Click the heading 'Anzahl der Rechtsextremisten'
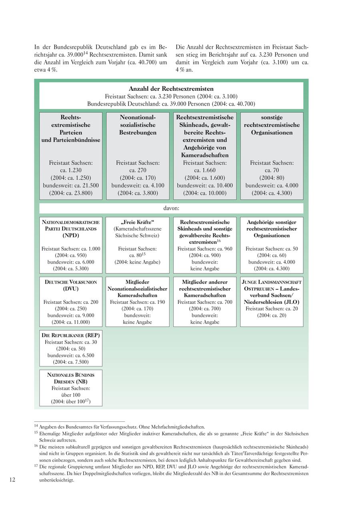coord(171,88)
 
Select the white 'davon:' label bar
coord(171,208)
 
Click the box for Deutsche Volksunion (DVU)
coord(71,301)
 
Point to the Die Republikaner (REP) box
coord(71,348)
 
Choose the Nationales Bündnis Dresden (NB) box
coord(71,388)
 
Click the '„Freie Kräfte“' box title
coord(137,222)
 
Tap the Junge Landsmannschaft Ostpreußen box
coord(272,301)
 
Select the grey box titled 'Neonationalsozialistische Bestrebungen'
coord(138,156)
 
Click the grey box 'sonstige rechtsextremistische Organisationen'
coord(272,156)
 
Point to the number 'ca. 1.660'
coord(205,170)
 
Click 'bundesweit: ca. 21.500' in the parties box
coord(71,186)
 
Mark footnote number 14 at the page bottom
coord(36,426)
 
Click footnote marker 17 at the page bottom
coord(36,466)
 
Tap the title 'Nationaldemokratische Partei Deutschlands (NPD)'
coord(71,229)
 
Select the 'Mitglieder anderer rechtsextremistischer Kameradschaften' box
coord(205,301)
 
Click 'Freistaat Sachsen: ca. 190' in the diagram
coord(137,302)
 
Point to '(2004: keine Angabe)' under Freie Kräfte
coord(137,262)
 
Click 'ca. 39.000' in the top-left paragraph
coord(70,55)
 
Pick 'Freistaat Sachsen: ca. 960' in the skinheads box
coord(205,249)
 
